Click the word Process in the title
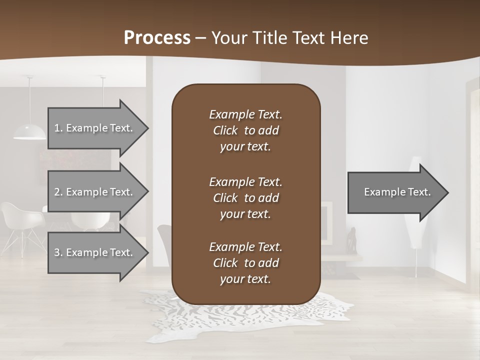click(x=157, y=37)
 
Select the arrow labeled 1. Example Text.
click(x=95, y=128)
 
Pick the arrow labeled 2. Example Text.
click(x=95, y=192)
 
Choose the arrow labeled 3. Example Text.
click(x=95, y=252)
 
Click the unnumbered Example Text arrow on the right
click(x=395, y=192)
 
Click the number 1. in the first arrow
click(x=58, y=128)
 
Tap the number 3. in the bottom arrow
click(x=58, y=252)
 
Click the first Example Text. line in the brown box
click(x=245, y=114)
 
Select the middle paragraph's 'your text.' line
click(x=245, y=214)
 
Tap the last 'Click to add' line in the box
click(x=245, y=263)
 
